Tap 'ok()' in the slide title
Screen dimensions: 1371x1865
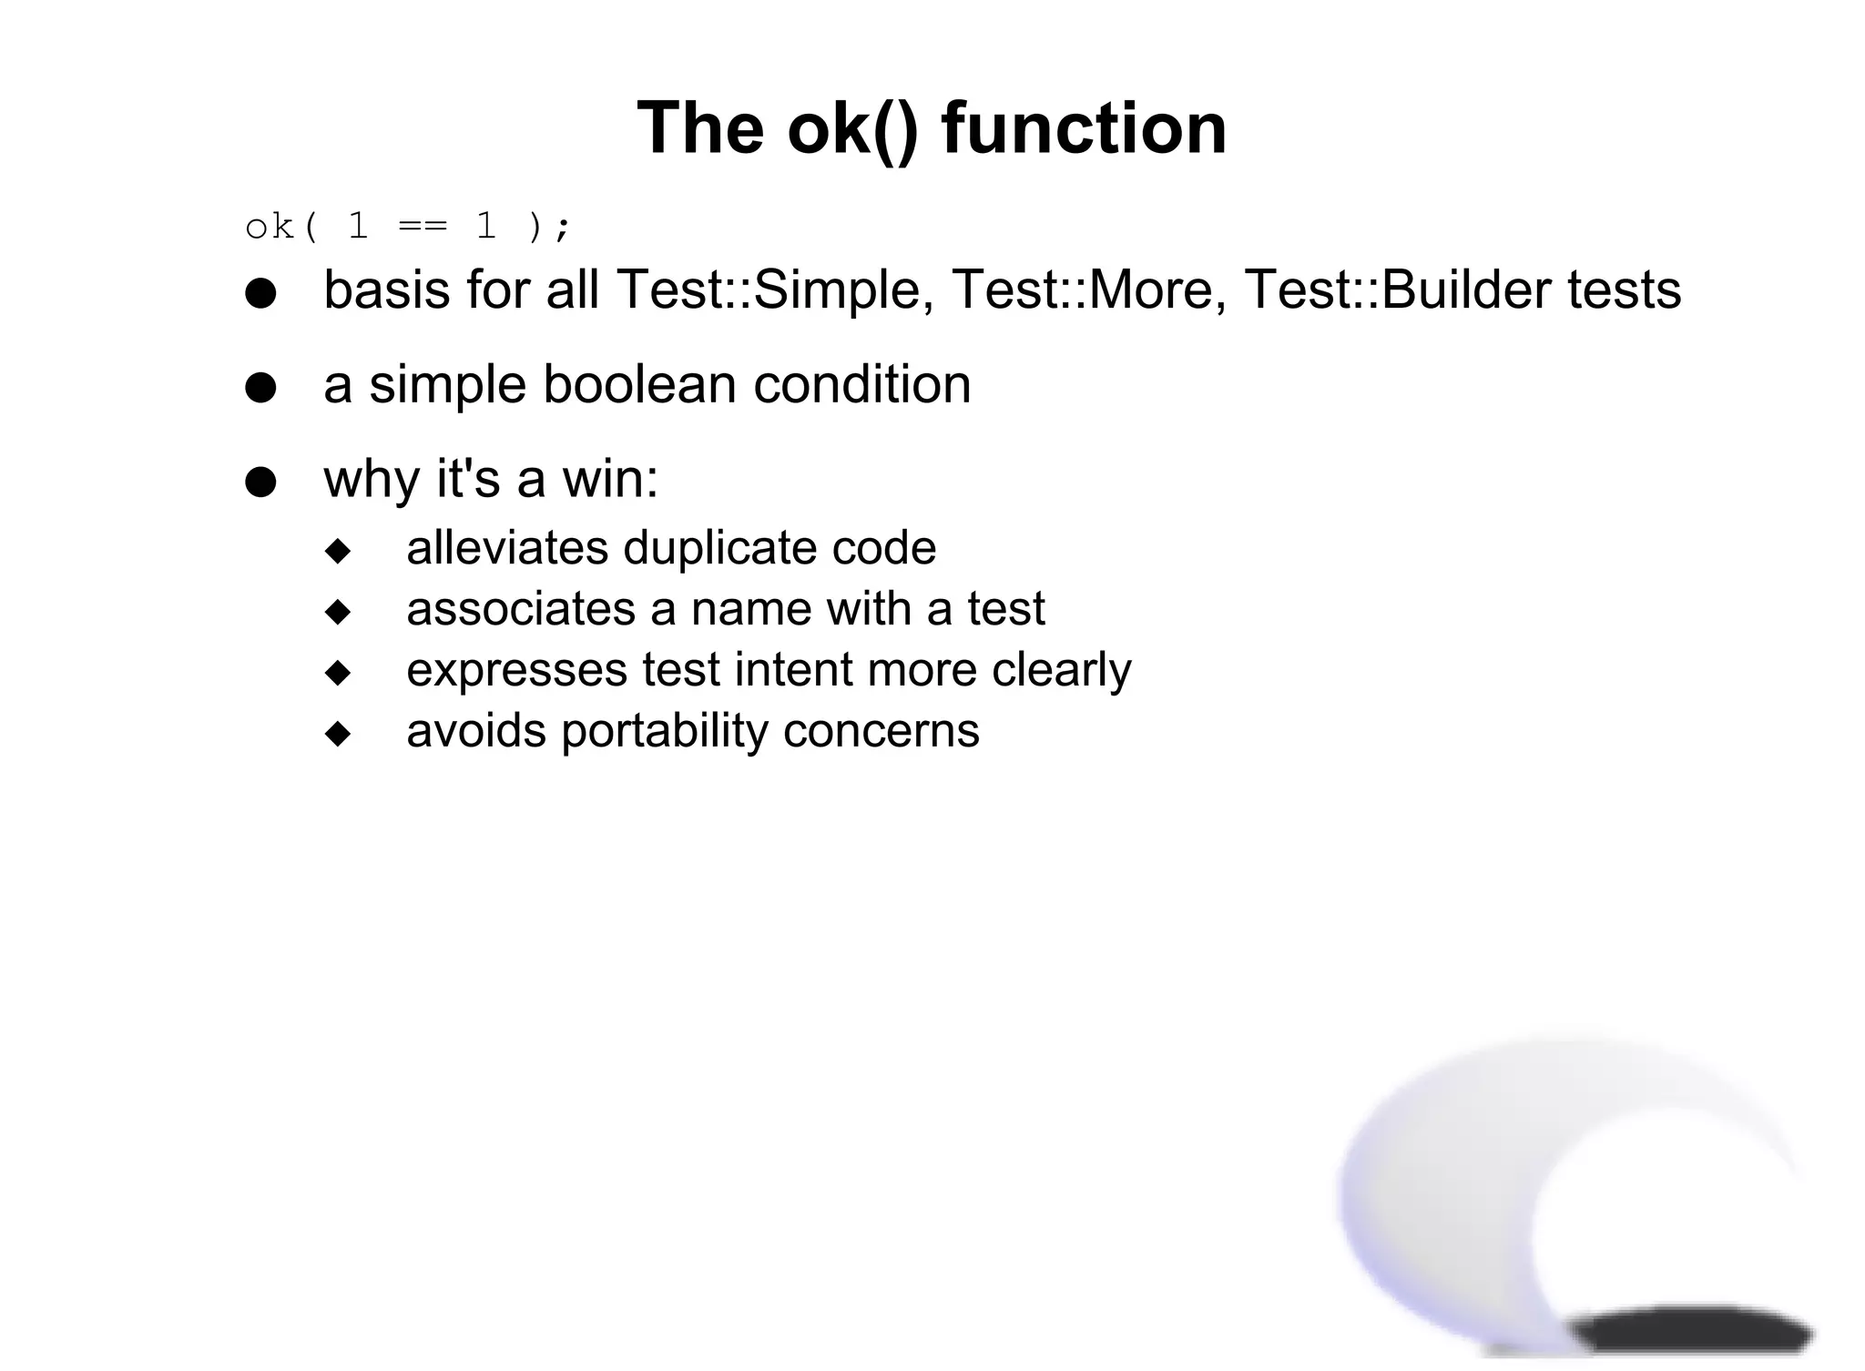pyautogui.click(x=852, y=128)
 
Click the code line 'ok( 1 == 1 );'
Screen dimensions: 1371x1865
pyautogui.click(x=408, y=226)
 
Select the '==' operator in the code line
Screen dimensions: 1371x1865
pyautogui.click(x=423, y=226)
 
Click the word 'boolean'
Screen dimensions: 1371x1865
pyautogui.click(x=639, y=384)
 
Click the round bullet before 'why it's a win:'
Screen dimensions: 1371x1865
pyautogui.click(x=260, y=482)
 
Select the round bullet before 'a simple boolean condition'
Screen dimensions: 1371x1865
pyautogui.click(x=260, y=388)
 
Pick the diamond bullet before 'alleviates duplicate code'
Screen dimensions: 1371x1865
pyautogui.click(x=338, y=551)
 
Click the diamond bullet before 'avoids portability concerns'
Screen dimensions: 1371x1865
pyautogui.click(x=338, y=734)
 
